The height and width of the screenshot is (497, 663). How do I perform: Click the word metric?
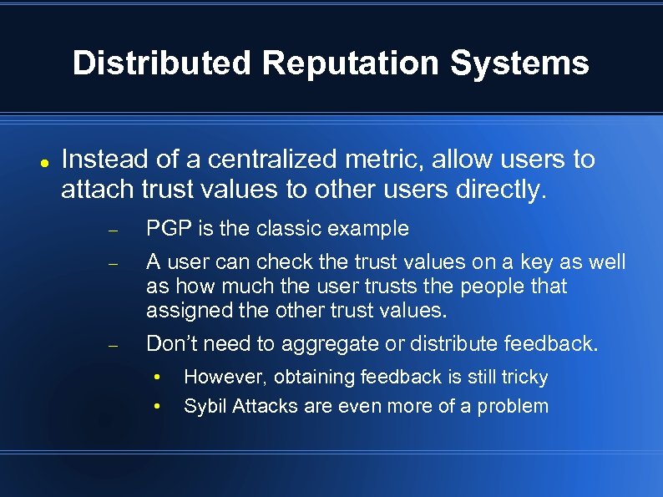pos(397,159)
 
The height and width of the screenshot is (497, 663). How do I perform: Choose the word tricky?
pos(521,378)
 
